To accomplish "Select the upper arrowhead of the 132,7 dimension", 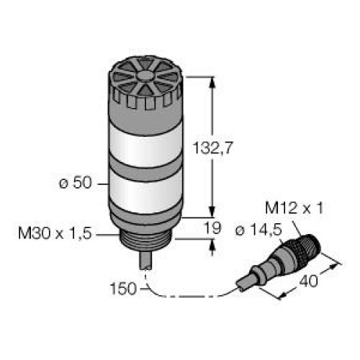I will point(212,83).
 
